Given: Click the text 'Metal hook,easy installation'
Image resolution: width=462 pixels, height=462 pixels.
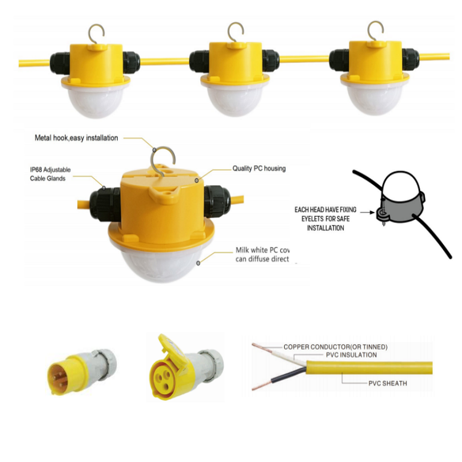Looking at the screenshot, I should coord(76,138).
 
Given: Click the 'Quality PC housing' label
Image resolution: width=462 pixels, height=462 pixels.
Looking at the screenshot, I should coord(259,168).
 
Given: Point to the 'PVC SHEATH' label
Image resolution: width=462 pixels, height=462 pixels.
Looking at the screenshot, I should coord(387,383).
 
